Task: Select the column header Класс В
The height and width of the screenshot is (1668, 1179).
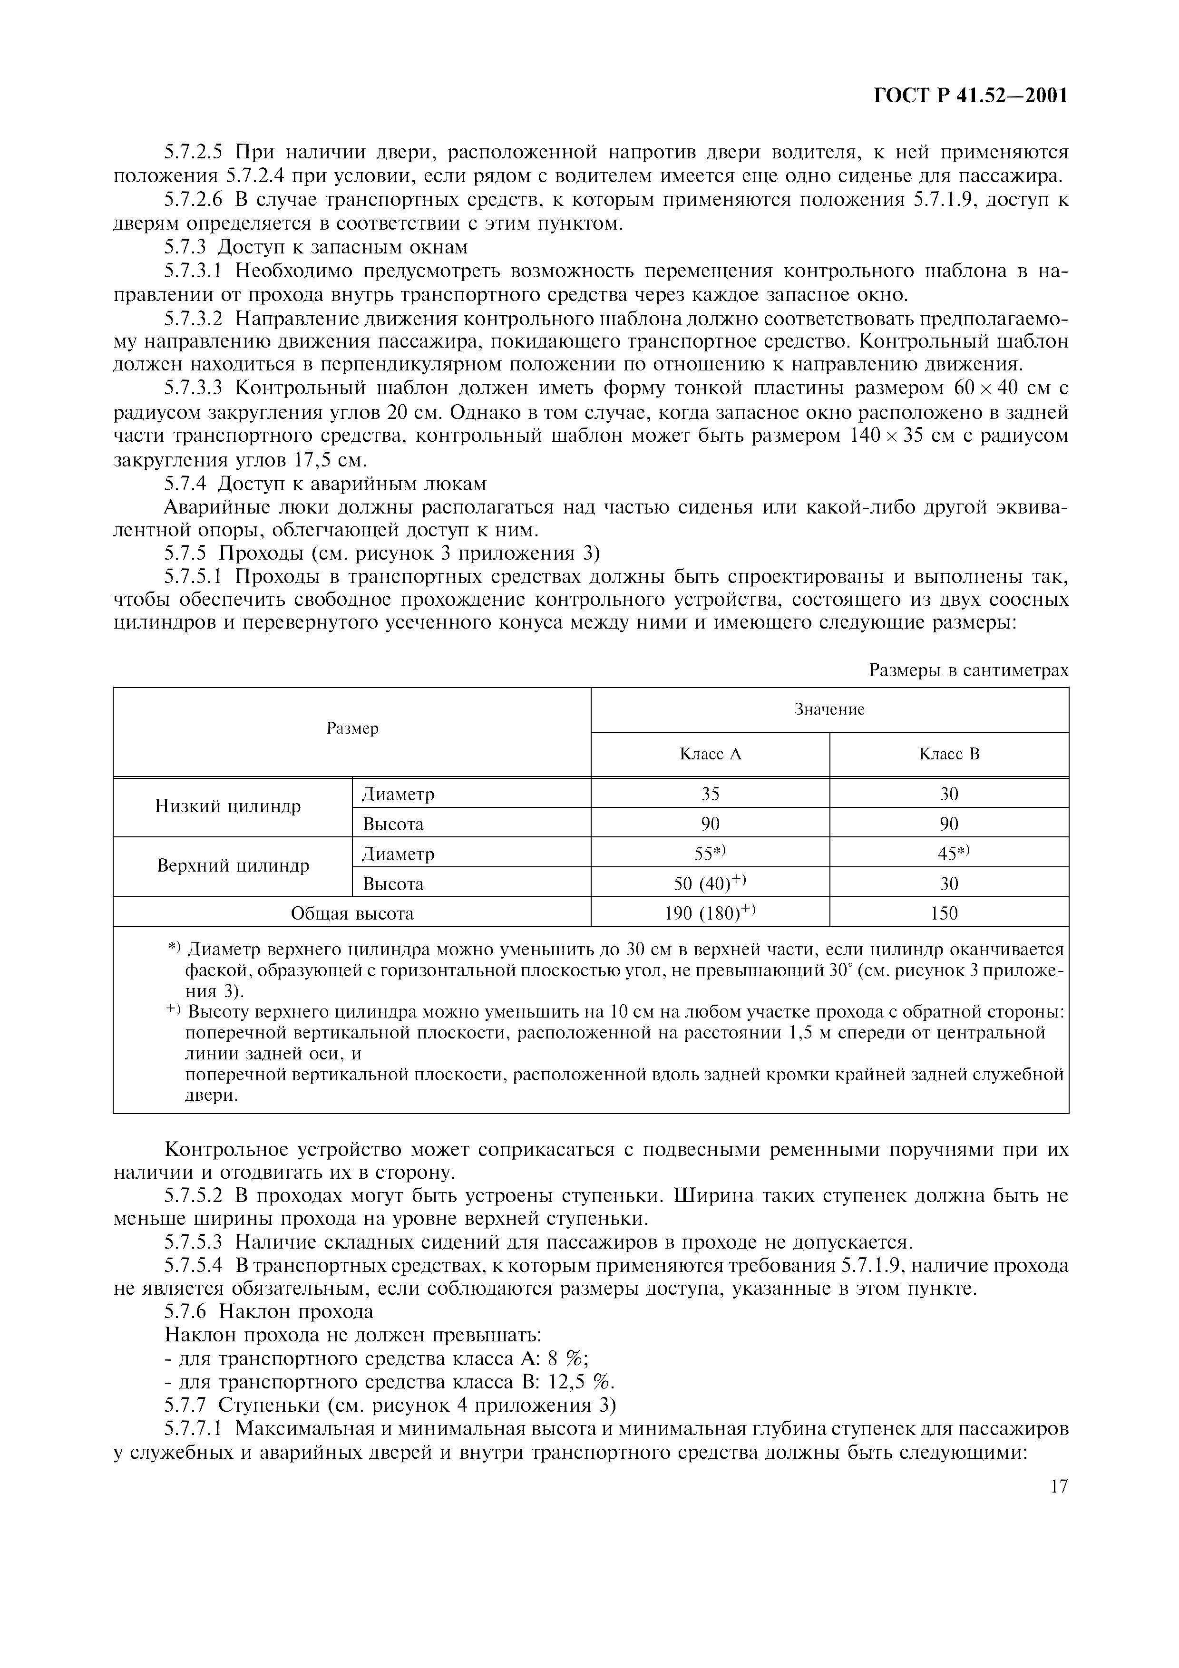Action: click(x=949, y=754)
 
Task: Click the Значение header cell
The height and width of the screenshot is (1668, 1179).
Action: click(x=829, y=710)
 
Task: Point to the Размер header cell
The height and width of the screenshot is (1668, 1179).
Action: click(x=352, y=728)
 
